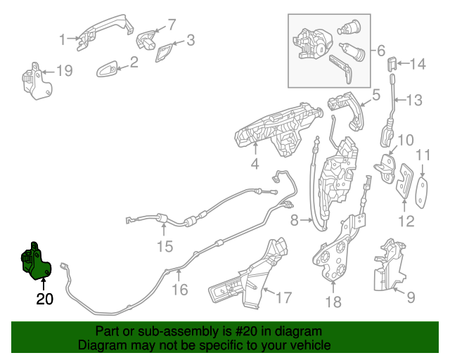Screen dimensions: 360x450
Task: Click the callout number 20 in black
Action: tap(44, 299)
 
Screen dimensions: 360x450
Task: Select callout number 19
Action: tap(64, 70)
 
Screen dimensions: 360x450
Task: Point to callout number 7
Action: tap(172, 25)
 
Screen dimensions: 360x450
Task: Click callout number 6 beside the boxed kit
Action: tap(381, 51)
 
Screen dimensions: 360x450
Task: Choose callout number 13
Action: tap(414, 101)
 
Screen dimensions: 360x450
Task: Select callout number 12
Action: tap(405, 223)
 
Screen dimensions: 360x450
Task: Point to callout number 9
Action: tap(410, 297)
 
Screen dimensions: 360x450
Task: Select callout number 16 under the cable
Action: tap(180, 289)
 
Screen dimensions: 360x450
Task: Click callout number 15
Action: tap(164, 246)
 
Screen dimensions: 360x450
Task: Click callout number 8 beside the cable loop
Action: tap(295, 221)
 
